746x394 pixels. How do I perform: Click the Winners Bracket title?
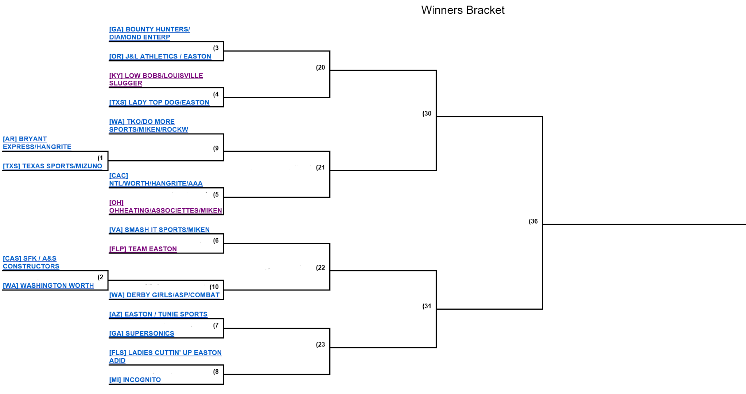pyautogui.click(x=463, y=10)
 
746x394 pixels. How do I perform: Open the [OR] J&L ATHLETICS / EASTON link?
pyautogui.click(x=160, y=57)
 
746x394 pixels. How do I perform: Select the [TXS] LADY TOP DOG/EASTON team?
pyautogui.click(x=159, y=103)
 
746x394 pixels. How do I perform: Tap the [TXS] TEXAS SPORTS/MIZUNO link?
pyautogui.click(x=53, y=166)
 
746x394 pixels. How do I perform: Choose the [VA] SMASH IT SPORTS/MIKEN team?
pyautogui.click(x=159, y=230)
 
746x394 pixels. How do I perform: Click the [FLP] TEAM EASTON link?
pyautogui.click(x=143, y=249)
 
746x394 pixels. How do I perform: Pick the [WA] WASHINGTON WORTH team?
pyautogui.click(x=48, y=286)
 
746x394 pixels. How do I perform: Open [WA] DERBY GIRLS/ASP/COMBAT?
pyautogui.click(x=164, y=295)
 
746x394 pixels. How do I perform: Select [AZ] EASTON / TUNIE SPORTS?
pyautogui.click(x=158, y=314)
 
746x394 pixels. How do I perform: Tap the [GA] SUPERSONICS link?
pyautogui.click(x=141, y=333)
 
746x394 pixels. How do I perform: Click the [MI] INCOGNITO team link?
pyautogui.click(x=135, y=380)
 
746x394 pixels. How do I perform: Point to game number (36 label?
pyautogui.click(x=533, y=221)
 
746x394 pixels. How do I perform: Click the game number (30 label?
pyautogui.click(x=427, y=114)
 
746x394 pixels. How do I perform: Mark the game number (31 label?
pyautogui.click(x=427, y=306)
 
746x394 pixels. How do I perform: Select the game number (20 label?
pyautogui.click(x=320, y=68)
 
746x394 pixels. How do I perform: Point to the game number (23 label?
pyautogui.click(x=320, y=345)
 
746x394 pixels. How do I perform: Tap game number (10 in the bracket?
pyautogui.click(x=214, y=287)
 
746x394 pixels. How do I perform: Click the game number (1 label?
pyautogui.click(x=100, y=158)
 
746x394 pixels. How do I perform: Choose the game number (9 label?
pyautogui.click(x=216, y=148)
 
